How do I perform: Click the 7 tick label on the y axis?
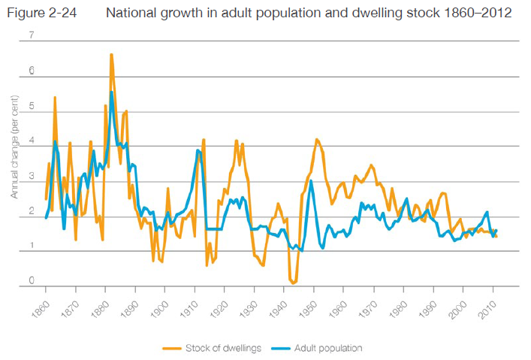tap(31, 36)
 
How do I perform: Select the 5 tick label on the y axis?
tap(31, 106)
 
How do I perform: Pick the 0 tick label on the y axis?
tap(31, 281)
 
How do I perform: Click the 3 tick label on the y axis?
tap(31, 176)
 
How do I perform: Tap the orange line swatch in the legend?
tap(173, 348)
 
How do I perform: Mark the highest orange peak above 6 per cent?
tap(111, 55)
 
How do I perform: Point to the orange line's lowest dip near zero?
tap(293, 283)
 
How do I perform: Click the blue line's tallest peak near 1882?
tap(112, 92)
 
